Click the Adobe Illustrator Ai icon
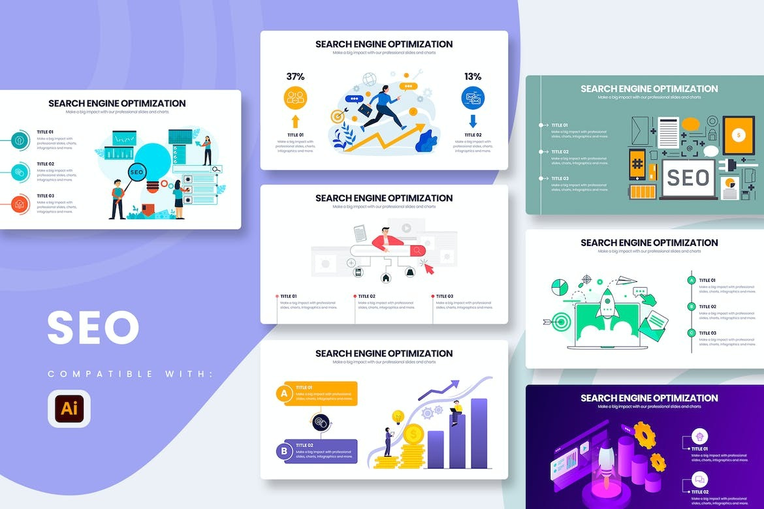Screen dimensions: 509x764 pyautogui.click(x=69, y=409)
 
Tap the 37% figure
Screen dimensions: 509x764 pyautogui.click(x=295, y=76)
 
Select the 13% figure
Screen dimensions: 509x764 pyautogui.click(x=473, y=76)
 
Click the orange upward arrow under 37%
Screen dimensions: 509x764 pyautogui.click(x=295, y=121)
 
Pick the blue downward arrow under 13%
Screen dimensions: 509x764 pyautogui.click(x=473, y=121)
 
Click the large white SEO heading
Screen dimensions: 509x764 pyautogui.click(x=93, y=328)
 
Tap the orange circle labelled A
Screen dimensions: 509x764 pyautogui.click(x=284, y=393)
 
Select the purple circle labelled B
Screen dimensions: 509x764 pyautogui.click(x=284, y=451)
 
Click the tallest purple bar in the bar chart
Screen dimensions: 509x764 pyautogui.click(x=479, y=433)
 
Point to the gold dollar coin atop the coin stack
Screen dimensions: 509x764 pyautogui.click(x=413, y=433)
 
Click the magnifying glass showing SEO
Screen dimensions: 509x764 pyautogui.click(x=136, y=173)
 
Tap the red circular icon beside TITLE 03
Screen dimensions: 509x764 pyautogui.click(x=20, y=204)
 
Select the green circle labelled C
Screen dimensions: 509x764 pyautogui.click(x=692, y=333)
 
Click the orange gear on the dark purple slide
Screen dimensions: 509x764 pyautogui.click(x=645, y=435)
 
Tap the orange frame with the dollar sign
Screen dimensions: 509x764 pyautogui.click(x=739, y=135)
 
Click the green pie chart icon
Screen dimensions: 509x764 pyautogui.click(x=560, y=287)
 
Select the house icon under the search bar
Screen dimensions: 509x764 pyautogui.click(x=385, y=277)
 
